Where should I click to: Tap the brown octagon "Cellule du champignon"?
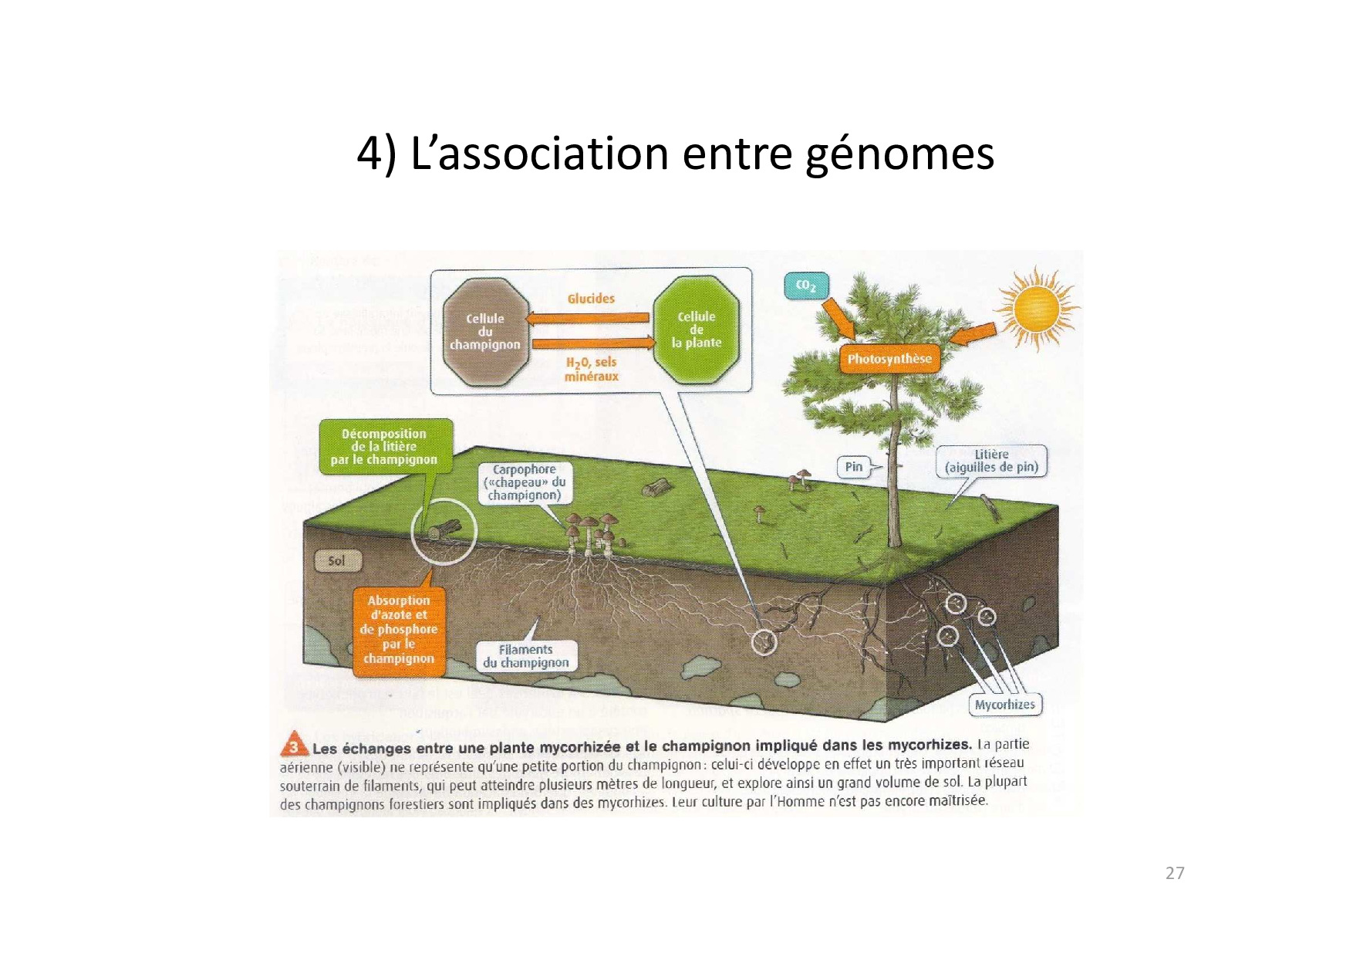pyautogui.click(x=485, y=332)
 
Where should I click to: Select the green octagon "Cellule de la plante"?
pyautogui.click(x=696, y=330)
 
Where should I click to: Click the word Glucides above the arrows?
pyautogui.click(x=591, y=299)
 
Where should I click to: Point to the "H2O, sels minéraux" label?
pyautogui.click(x=591, y=369)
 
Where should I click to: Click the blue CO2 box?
pyautogui.click(x=805, y=286)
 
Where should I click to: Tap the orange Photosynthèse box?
pyautogui.click(x=889, y=359)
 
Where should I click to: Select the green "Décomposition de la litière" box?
pyautogui.click(x=384, y=447)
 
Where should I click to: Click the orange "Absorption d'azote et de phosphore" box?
pyautogui.click(x=399, y=630)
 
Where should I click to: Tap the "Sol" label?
pyautogui.click(x=336, y=561)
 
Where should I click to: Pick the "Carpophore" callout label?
pyautogui.click(x=525, y=482)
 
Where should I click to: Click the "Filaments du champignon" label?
pyautogui.click(x=526, y=656)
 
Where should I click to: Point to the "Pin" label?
pyautogui.click(x=853, y=467)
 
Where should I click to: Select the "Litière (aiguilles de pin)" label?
pyautogui.click(x=991, y=461)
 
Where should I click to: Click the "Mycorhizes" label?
pyautogui.click(x=1004, y=705)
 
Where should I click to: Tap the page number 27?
pyautogui.click(x=1175, y=873)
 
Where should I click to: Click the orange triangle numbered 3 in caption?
pyautogui.click(x=294, y=746)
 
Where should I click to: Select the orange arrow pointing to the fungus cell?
pyautogui.click(x=588, y=318)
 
